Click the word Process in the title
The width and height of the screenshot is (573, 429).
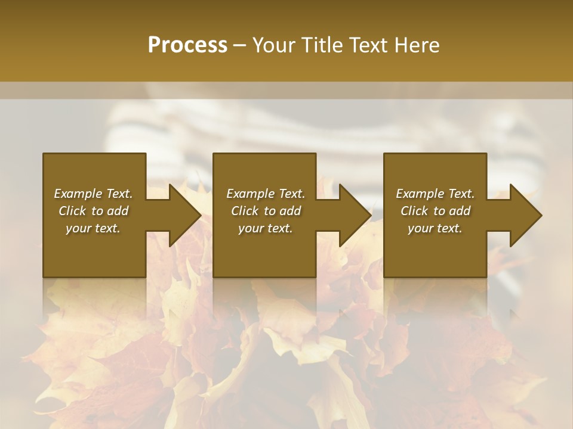(187, 45)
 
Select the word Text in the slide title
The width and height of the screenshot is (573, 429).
(368, 45)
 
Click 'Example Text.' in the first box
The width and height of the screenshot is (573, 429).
(93, 194)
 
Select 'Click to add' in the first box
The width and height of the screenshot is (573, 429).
(93, 211)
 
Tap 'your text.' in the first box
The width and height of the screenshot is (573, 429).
(93, 228)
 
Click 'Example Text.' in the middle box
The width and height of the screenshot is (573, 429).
(266, 194)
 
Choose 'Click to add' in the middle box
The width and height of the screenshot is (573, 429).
(266, 211)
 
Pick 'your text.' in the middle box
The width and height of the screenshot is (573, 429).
(266, 228)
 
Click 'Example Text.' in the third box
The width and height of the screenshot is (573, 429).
(435, 194)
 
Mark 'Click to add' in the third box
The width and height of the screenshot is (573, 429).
(435, 211)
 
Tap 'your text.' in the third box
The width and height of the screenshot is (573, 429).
(435, 228)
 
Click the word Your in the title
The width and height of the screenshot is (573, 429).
(272, 45)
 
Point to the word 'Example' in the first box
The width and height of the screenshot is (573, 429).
(78, 194)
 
